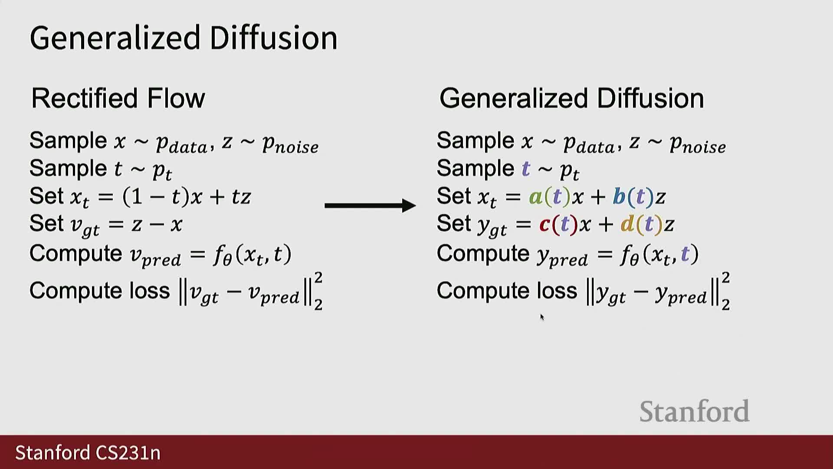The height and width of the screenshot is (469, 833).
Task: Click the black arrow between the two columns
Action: coord(370,205)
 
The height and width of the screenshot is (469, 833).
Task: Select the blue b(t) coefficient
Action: coord(633,197)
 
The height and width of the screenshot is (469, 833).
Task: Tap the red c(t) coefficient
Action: coord(559,225)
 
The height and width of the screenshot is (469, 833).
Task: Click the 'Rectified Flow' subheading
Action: coord(118,98)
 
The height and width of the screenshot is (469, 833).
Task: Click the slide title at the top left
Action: coord(184,38)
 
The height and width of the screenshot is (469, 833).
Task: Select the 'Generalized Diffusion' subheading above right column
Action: coord(571,98)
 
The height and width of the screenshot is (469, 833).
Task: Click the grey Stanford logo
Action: coord(694,411)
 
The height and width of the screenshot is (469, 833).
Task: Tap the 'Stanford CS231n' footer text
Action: coord(88,452)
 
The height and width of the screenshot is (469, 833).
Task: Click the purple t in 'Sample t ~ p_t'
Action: coord(526,168)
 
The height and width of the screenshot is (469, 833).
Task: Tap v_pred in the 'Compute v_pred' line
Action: coord(155,255)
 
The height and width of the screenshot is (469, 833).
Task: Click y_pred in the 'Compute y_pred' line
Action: coord(562,256)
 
